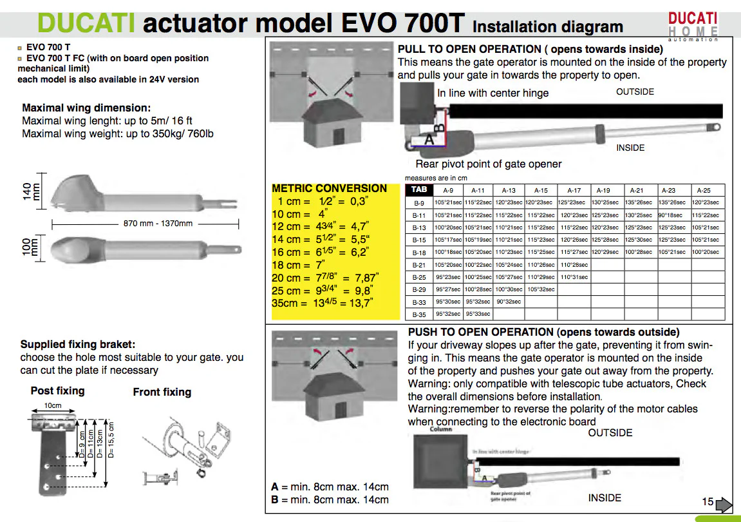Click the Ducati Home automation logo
tap(693, 26)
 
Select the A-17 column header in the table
tap(574, 190)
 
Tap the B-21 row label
tap(419, 265)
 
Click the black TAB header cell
tap(419, 190)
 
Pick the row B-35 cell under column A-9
tap(448, 314)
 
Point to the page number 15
tap(708, 501)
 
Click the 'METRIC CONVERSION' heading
tap(329, 188)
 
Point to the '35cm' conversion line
tap(322, 303)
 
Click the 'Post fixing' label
tap(57, 391)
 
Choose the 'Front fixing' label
tap(162, 392)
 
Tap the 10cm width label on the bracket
tap(53, 405)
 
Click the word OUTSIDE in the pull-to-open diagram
tap(635, 92)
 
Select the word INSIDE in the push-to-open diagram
tap(605, 498)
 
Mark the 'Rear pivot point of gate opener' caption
tap(488, 164)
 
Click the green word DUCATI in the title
tap(86, 23)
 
